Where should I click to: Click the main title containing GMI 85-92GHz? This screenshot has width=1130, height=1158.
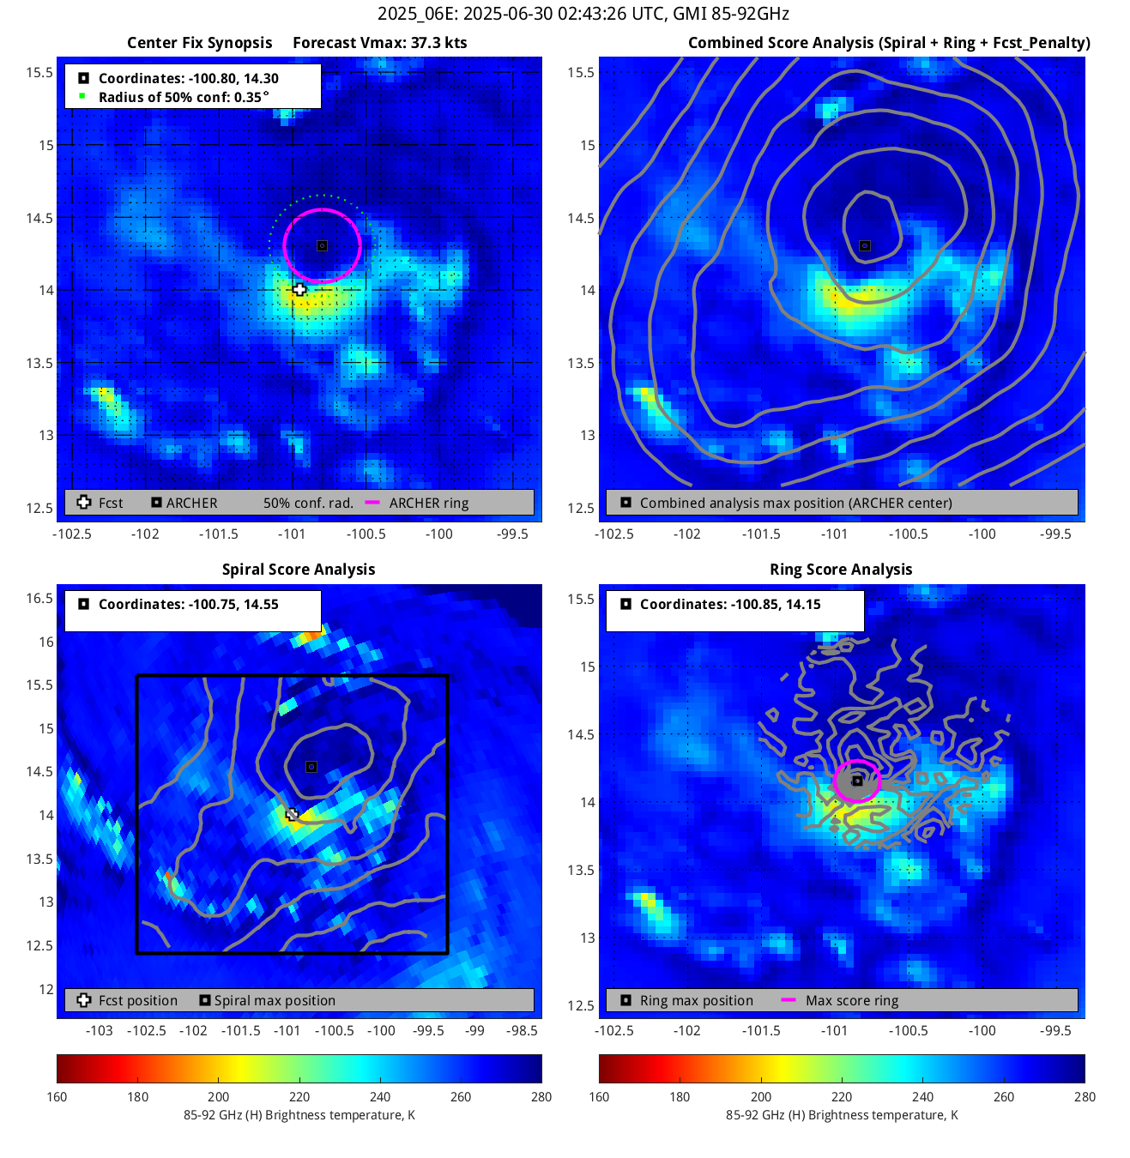tap(583, 14)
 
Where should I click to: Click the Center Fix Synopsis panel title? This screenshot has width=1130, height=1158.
tap(199, 43)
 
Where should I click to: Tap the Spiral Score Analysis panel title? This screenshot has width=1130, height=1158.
tap(299, 570)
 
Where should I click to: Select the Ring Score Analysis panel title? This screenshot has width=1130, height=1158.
tap(841, 570)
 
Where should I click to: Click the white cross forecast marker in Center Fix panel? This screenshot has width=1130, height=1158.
tap(299, 289)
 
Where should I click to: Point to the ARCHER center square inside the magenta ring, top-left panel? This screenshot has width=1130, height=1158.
tap(322, 245)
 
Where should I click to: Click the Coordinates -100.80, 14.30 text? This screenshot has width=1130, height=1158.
tap(188, 78)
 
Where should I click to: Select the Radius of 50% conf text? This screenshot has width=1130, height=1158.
tap(184, 97)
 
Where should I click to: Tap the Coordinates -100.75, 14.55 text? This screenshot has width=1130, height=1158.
tap(188, 604)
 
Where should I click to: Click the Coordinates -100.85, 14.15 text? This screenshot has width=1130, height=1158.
tap(730, 604)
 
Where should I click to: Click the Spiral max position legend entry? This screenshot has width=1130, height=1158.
tap(275, 1000)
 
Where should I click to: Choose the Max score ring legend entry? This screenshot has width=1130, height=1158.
tap(851, 1000)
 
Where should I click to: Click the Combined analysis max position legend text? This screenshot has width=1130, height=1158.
tap(795, 503)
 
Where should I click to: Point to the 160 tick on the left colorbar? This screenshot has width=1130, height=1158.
tap(57, 1096)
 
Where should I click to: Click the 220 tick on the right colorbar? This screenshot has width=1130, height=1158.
tap(842, 1096)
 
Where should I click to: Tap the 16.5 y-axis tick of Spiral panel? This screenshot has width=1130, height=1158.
tap(39, 598)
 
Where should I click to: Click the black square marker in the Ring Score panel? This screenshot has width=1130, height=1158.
tap(857, 781)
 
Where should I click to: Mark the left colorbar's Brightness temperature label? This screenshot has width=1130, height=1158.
tap(299, 1115)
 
